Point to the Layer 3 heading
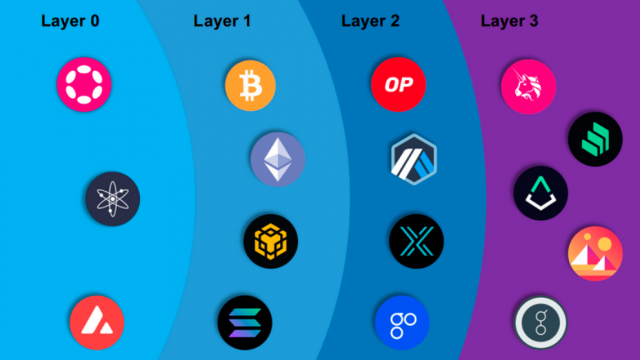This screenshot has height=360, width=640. point(511,21)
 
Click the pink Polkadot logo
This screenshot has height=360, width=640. point(83,83)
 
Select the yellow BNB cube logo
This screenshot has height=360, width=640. point(270,240)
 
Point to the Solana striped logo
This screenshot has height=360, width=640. point(244,322)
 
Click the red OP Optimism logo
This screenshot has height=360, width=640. point(397,83)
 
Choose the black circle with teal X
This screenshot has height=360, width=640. point(415,241)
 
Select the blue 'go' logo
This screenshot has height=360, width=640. point(401,321)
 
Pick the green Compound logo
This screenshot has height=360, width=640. point(595,139)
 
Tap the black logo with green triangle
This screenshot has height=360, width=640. point(541,193)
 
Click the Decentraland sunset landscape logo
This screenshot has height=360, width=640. point(595,254)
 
